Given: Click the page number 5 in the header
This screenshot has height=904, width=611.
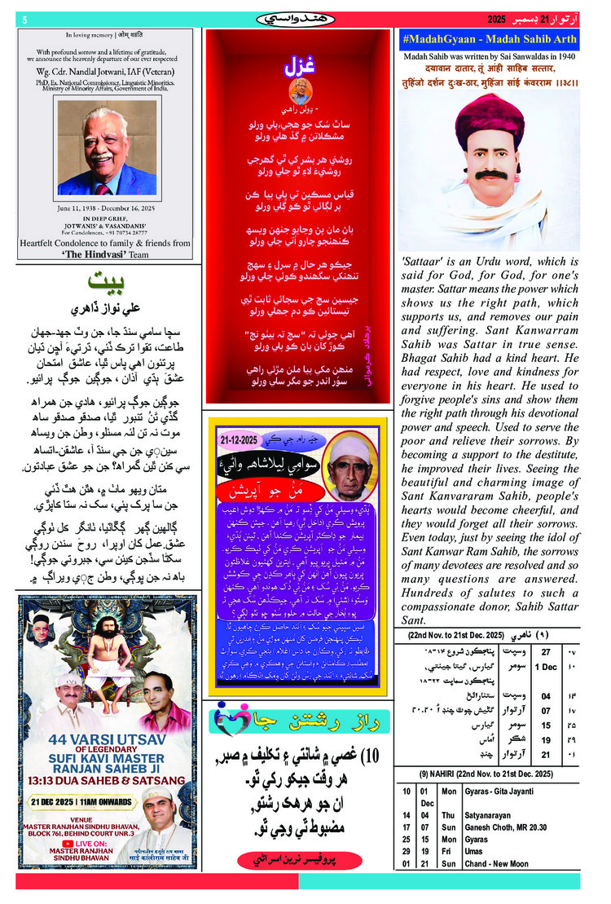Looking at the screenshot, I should (25, 20).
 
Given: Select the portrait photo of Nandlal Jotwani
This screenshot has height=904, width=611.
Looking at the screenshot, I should (106, 148).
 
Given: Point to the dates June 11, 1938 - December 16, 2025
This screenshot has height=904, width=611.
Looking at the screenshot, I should (105, 209).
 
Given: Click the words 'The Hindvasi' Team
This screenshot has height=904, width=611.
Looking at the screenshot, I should (105, 253).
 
